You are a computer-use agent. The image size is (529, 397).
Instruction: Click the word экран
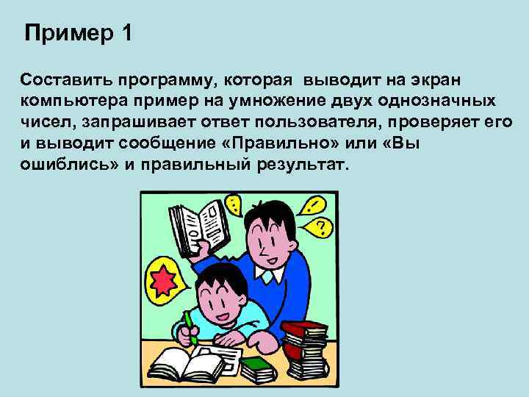(x=438, y=79)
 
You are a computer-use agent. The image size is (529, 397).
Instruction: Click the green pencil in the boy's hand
(x=190, y=326)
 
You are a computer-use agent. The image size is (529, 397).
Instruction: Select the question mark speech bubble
(x=320, y=225)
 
